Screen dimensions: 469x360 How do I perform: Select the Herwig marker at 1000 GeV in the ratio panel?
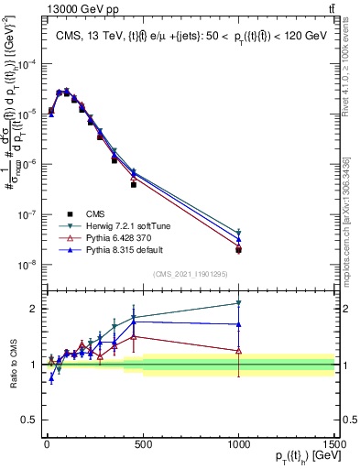pos(238,302)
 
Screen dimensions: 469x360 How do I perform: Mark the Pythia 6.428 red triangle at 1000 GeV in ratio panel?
pos(238,350)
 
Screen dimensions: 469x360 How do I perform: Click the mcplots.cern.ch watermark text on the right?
pos(347,211)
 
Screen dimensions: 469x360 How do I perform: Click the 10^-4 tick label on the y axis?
pos(29,63)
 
